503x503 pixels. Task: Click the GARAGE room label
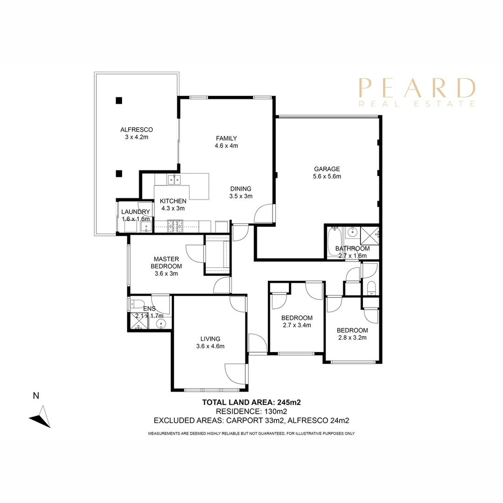(x=326, y=169)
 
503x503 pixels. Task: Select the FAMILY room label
(x=226, y=138)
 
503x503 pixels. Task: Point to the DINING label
(x=240, y=189)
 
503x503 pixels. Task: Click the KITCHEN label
(x=173, y=201)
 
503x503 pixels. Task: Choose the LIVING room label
(x=211, y=339)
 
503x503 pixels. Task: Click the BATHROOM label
(x=353, y=248)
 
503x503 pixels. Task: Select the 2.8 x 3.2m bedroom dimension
(x=352, y=338)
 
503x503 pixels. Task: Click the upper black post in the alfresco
(x=119, y=100)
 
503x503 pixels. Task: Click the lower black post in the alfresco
(x=119, y=174)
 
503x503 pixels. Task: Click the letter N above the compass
(x=36, y=396)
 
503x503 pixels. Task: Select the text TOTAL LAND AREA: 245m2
(x=253, y=402)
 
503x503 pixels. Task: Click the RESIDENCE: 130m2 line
(x=251, y=411)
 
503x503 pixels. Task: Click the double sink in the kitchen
(x=175, y=178)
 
